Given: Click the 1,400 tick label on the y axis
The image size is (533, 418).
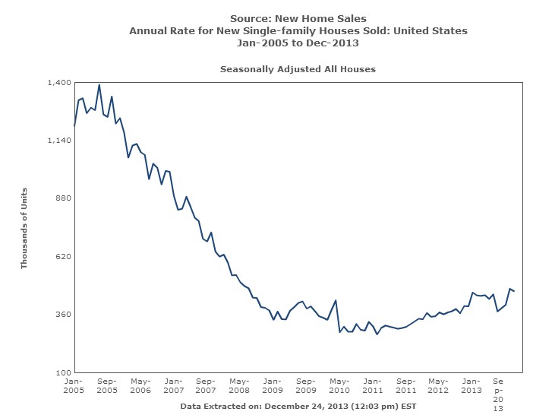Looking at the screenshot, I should pos(60,82).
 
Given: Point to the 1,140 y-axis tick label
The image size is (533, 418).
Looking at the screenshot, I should pos(60,141).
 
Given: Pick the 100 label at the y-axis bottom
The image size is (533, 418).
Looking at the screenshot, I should pos(64,372).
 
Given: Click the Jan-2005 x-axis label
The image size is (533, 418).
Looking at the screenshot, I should pos(74,385).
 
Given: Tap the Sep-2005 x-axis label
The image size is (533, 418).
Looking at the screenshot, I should pos(107,385).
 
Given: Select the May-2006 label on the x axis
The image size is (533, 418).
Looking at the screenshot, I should pos(140,385).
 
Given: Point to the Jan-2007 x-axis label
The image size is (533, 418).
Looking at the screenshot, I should pos(173,385).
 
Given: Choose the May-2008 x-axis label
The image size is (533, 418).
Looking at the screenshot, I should pos(240,385).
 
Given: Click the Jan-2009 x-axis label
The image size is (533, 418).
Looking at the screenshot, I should pos(273,385).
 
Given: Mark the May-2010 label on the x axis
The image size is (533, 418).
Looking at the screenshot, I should pos(339,385).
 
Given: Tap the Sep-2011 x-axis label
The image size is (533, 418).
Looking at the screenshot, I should pos(405,385).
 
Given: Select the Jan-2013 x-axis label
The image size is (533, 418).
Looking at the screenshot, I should pos(471,385).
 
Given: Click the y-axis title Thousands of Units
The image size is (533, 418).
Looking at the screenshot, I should pos(24,227).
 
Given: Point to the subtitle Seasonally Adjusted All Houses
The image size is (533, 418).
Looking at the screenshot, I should pos(298,68).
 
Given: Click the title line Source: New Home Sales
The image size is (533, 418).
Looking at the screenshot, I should pos(298,18).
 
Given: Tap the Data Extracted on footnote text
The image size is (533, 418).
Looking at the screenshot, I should pos(298,406).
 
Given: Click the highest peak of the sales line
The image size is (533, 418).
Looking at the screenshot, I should pos(99,85).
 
